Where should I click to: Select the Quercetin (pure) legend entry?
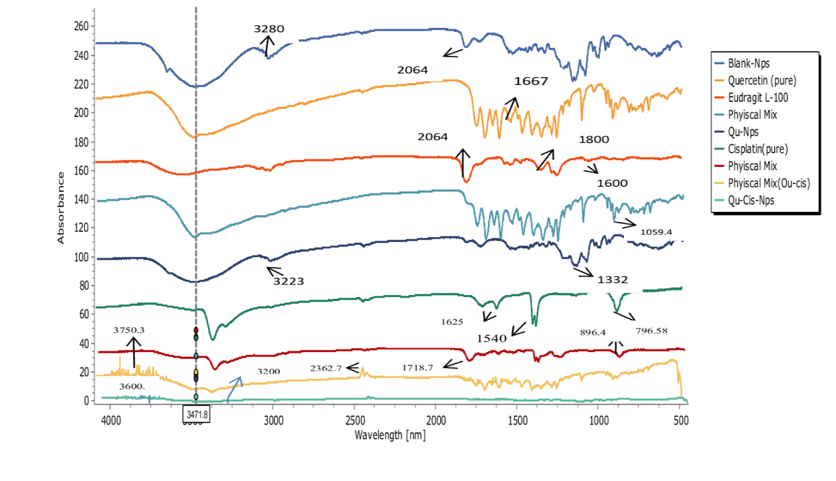point(762,81)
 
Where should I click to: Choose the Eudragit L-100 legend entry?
point(757,98)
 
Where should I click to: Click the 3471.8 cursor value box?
point(196,413)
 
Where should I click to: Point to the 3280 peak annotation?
point(269,29)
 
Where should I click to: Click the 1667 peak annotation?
point(531,82)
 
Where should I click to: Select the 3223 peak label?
point(288,281)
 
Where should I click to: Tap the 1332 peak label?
point(612,280)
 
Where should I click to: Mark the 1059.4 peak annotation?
point(657,233)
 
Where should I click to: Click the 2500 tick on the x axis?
point(354,421)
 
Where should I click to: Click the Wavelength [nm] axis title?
point(390,435)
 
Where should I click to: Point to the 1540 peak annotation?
point(492,338)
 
